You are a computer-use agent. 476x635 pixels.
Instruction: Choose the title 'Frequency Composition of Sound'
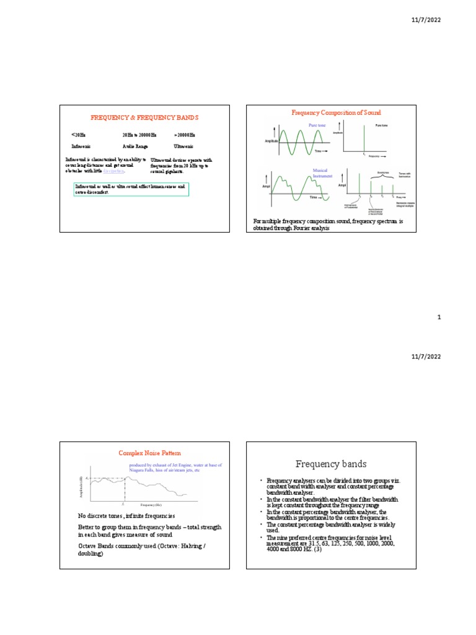[x=336, y=113]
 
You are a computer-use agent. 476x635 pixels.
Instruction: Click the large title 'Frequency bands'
[x=331, y=464]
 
